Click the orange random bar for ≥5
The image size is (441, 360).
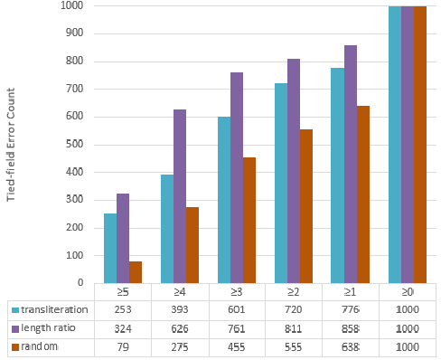coord(136,271)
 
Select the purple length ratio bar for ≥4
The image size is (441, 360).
coord(179,196)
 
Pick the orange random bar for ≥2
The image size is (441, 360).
coord(305,206)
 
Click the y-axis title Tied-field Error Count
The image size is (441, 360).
coord(11,145)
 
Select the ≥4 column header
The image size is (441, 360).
coord(179,292)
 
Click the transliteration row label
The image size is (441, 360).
coord(54,309)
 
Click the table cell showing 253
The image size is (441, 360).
coord(122,310)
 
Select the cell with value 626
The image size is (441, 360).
coord(179,328)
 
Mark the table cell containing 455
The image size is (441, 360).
coord(236,347)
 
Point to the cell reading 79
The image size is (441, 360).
coord(122,347)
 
